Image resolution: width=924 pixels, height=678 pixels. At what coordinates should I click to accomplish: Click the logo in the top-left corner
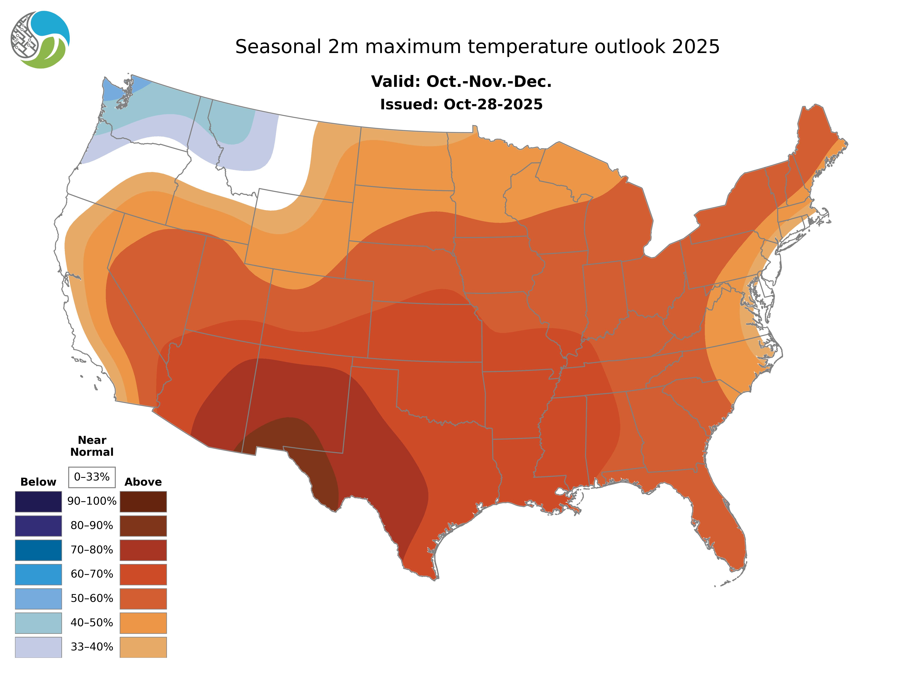click(x=40, y=40)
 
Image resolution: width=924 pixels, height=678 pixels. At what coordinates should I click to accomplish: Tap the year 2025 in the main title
click(x=696, y=47)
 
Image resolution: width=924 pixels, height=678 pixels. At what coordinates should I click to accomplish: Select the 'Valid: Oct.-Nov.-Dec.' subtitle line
click(x=461, y=82)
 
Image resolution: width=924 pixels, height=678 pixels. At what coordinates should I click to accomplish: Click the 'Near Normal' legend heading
click(x=92, y=446)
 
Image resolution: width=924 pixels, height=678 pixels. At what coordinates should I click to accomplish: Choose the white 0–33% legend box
click(x=92, y=477)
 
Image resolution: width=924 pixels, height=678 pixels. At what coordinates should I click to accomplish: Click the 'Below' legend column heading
click(x=38, y=482)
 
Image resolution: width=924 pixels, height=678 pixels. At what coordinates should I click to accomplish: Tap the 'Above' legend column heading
click(x=143, y=482)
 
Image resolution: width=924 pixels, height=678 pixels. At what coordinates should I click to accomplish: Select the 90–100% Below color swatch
click(x=38, y=502)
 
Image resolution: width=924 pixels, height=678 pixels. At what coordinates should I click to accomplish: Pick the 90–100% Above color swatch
click(x=143, y=502)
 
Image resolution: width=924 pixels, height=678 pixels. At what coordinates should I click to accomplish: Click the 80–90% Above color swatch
click(x=143, y=526)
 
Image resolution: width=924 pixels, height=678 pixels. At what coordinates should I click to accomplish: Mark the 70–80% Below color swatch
click(x=38, y=550)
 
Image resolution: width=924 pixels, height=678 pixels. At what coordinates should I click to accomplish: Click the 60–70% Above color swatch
click(x=143, y=574)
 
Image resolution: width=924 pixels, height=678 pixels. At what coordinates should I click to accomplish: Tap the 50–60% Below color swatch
click(x=38, y=598)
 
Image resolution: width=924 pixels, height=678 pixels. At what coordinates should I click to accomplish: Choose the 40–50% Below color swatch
click(x=38, y=623)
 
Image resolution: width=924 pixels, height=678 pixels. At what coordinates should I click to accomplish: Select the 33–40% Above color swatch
click(x=143, y=647)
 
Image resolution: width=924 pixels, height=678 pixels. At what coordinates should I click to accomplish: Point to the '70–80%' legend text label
click(x=92, y=550)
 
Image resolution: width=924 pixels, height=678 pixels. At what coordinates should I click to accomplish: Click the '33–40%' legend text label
click(x=92, y=647)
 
